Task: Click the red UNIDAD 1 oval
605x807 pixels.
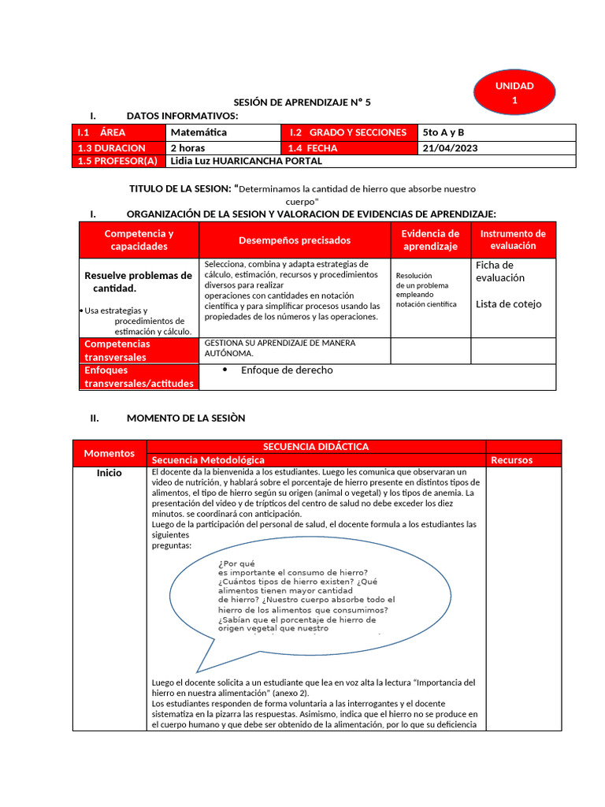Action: click(514, 93)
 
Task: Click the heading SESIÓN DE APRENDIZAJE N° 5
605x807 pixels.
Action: click(302, 102)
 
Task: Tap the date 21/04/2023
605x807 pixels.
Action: click(450, 147)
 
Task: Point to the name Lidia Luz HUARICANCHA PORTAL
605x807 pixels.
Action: click(246, 161)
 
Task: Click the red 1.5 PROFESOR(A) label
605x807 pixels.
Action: click(117, 161)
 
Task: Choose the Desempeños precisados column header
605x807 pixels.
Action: click(295, 240)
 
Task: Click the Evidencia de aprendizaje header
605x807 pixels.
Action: click(430, 240)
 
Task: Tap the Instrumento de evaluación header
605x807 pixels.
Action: click(513, 240)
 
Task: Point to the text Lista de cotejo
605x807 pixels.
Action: click(508, 304)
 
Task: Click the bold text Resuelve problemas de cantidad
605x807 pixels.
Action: click(138, 282)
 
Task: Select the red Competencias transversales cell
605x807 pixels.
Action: click(139, 351)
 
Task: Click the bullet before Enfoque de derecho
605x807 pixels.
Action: click(225, 370)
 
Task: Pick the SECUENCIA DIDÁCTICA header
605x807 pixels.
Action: click(316, 447)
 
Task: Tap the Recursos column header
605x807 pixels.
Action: click(511, 460)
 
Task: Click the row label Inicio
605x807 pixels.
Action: click(109, 473)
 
